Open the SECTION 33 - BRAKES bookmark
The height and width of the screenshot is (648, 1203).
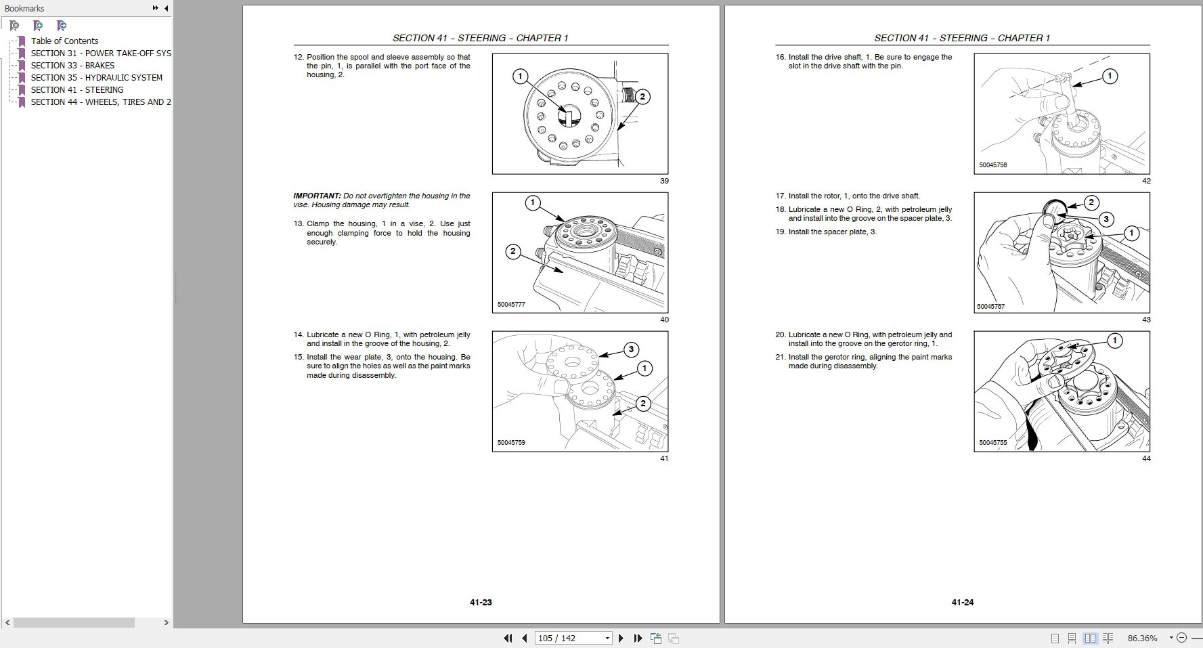72,66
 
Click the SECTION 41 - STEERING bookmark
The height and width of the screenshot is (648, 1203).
76,90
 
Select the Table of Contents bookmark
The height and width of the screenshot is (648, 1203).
64,41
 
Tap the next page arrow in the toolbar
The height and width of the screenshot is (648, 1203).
621,638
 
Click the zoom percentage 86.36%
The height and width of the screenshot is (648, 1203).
1142,638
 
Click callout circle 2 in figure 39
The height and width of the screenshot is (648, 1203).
642,97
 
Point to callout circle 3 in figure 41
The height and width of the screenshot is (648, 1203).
630,349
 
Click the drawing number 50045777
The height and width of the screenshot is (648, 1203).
511,305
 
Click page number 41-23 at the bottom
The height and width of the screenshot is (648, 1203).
481,602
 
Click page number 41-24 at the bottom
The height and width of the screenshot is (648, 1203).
962,602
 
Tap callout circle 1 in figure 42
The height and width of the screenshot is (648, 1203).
1110,76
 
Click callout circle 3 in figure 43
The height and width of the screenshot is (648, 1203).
1106,219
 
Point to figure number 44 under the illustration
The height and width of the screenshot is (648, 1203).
1145,458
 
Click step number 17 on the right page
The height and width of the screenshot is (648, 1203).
781,196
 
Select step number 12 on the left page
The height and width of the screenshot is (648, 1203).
298,57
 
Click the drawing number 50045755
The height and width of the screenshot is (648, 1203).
992,443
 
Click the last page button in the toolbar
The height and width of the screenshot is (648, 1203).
638,638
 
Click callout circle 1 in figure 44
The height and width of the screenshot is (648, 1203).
1114,340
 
